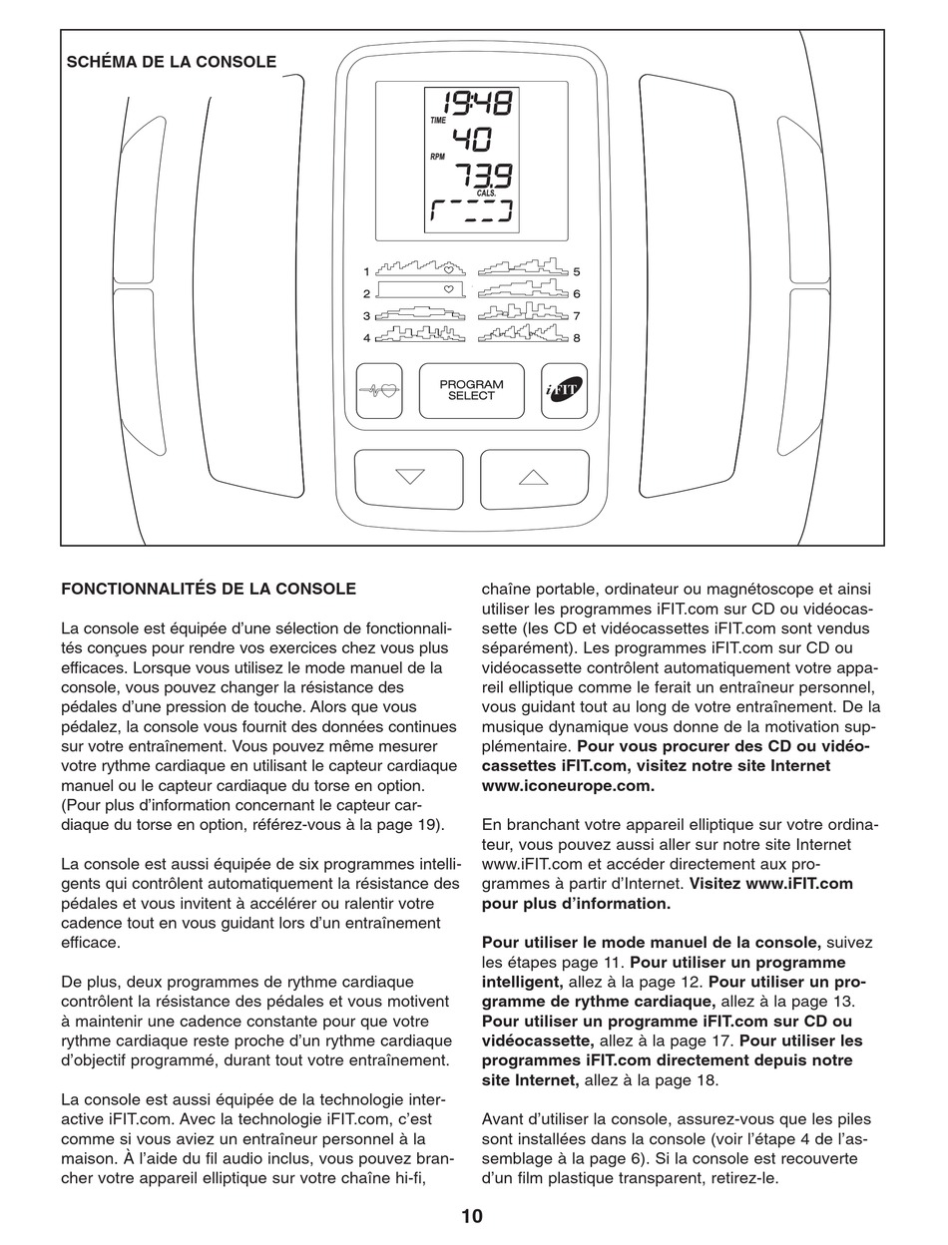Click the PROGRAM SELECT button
(471, 390)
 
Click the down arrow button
(409, 478)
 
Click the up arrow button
(534, 478)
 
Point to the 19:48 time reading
(472, 104)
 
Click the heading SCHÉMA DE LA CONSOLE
(172, 62)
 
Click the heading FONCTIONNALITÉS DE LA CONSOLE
(209, 590)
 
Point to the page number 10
(472, 1216)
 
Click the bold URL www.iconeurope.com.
(568, 785)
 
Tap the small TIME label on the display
(438, 120)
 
